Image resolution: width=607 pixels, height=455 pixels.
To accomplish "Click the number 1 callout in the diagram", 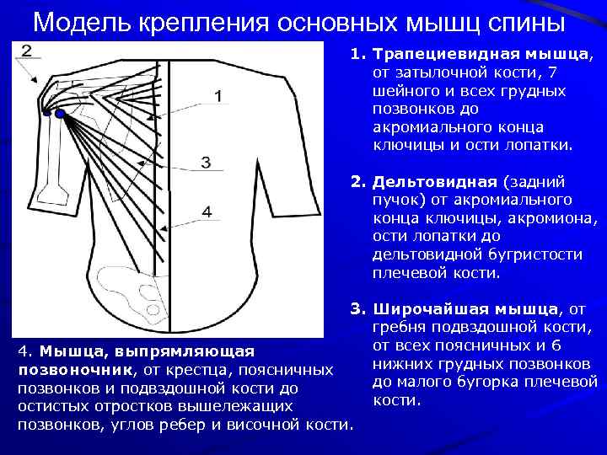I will click(218, 97).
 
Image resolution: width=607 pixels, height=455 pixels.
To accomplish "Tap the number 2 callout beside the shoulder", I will click(26, 51).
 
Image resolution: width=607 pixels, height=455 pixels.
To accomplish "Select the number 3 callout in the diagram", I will click(206, 161).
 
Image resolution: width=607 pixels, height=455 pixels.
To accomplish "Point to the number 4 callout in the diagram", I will click(206, 211).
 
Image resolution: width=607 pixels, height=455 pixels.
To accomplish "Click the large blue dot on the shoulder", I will click(60, 113).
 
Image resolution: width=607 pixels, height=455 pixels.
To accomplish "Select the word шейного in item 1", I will click(401, 91).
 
